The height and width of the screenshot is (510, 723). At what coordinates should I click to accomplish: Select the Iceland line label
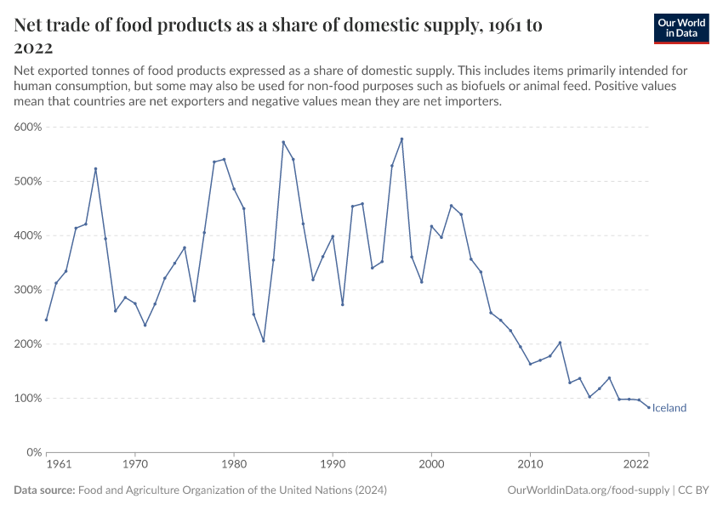[x=669, y=408]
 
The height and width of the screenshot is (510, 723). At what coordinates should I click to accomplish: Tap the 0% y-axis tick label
[x=35, y=452]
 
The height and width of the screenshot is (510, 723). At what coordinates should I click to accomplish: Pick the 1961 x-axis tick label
[x=58, y=465]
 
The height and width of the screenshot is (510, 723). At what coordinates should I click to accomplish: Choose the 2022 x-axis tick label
[x=636, y=465]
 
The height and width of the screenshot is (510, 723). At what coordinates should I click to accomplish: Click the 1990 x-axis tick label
[x=333, y=465]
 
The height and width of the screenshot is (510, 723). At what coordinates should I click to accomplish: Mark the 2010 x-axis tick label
[x=531, y=465]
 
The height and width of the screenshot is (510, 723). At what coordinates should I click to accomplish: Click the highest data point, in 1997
[x=401, y=139]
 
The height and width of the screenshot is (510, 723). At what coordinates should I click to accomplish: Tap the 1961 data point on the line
[x=46, y=320]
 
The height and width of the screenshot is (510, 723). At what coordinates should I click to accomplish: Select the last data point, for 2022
[x=649, y=407]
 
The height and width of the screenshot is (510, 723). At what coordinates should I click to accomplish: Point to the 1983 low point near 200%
[x=264, y=341]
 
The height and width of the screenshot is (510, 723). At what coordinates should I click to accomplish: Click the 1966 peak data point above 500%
[x=95, y=168]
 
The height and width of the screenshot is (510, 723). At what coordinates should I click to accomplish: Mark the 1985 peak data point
[x=283, y=142]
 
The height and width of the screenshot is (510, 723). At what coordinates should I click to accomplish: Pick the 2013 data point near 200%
[x=560, y=343]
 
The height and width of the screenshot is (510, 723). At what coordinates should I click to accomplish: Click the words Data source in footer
[x=44, y=490]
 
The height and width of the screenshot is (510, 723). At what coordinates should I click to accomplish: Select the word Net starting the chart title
[x=31, y=25]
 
